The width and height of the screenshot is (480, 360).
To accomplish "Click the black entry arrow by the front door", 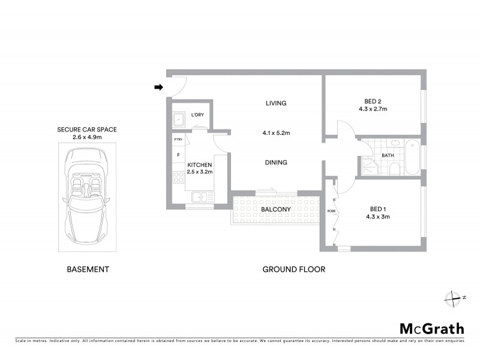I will [158, 88].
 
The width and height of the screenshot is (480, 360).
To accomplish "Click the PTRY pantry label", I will [178, 140].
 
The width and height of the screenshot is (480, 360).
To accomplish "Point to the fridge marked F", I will [178, 155].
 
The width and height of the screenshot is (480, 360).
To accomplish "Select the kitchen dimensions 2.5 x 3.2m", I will [200, 172].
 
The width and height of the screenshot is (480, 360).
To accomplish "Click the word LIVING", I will [276, 103].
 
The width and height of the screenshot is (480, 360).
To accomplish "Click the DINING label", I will [276, 162].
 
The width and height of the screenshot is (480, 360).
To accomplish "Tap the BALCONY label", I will [276, 209].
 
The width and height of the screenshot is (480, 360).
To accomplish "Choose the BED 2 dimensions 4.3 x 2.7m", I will [373, 109].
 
